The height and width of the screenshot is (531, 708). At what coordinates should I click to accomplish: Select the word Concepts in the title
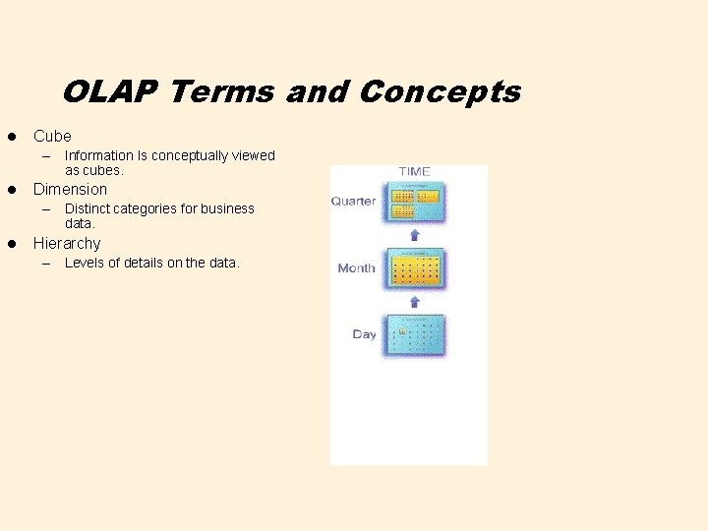(x=440, y=92)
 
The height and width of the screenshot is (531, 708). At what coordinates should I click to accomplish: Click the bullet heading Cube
(x=52, y=136)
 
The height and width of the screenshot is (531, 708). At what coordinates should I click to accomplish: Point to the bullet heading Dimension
(x=70, y=189)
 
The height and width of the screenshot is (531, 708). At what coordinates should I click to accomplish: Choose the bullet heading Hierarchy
(x=67, y=243)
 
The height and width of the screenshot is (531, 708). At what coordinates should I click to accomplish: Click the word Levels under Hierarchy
(x=85, y=263)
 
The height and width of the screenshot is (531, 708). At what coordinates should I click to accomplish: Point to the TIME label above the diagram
(x=414, y=171)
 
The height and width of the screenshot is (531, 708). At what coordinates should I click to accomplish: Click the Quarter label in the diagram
(x=353, y=201)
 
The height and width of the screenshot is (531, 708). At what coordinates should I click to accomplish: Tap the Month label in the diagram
(x=356, y=267)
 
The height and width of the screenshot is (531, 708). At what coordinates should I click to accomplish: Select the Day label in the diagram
(x=364, y=334)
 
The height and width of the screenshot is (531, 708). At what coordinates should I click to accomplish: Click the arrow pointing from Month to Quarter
(x=414, y=235)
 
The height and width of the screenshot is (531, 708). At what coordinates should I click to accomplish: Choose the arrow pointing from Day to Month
(x=414, y=301)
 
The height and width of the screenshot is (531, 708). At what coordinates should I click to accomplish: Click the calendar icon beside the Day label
(x=414, y=335)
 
